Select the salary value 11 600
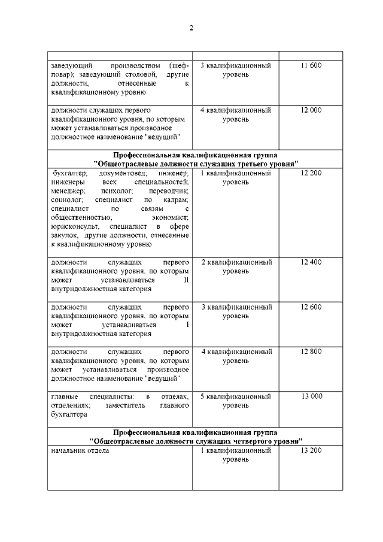point(311,65)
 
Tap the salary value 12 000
point(311,110)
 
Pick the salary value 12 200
point(311,173)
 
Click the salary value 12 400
point(311,262)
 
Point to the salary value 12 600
point(311,307)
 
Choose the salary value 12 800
point(311,352)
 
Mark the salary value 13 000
point(311,396)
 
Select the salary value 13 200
point(311,450)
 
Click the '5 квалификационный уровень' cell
point(236,401)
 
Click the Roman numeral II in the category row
point(186,280)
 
